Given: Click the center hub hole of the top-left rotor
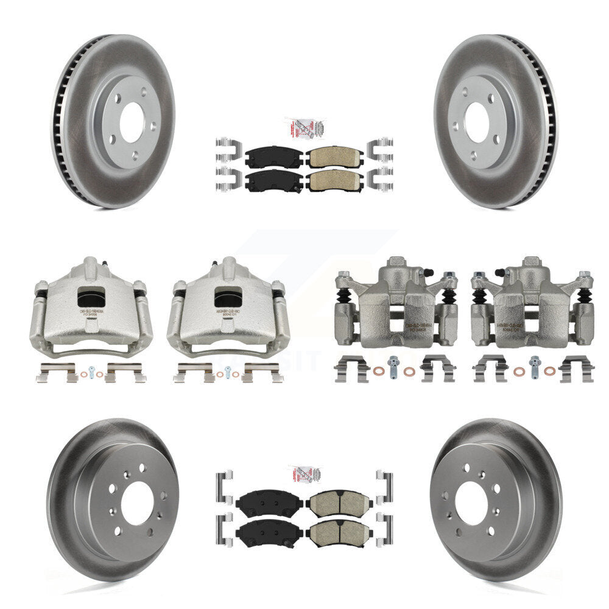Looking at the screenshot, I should pos(130,122).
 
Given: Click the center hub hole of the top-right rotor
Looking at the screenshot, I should pos(477,122).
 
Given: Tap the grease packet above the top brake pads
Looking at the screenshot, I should pos(304,128).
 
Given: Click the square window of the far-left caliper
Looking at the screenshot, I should pos(91,297).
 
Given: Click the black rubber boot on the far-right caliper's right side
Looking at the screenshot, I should pos(585,296).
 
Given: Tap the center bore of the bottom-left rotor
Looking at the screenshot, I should pos(137,503).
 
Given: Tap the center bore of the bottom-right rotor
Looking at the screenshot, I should pos(472,503).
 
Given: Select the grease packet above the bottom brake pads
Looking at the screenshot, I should pos(304,474).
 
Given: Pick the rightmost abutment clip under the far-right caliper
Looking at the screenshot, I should pos(576,369).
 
